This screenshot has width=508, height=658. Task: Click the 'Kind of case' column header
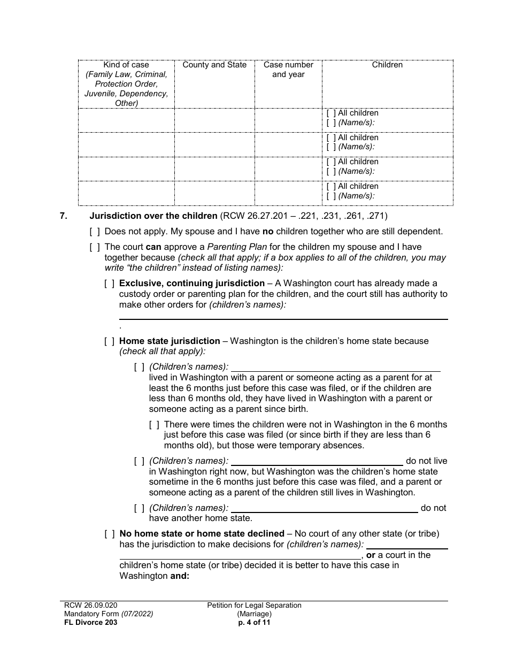click(x=126, y=65)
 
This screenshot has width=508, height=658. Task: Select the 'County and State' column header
click(x=214, y=65)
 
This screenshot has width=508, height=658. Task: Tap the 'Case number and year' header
click(x=288, y=70)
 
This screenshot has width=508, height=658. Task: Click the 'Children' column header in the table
click(x=387, y=65)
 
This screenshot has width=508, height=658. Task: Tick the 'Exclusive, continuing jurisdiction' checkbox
click(x=109, y=284)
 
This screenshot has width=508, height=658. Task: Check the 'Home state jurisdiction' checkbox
click(x=109, y=341)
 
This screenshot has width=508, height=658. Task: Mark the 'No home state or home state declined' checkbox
click(x=109, y=534)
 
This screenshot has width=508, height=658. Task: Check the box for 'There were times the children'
click(x=154, y=425)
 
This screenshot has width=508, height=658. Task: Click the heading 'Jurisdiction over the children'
click(x=153, y=216)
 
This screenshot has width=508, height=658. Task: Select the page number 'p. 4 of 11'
click(x=255, y=622)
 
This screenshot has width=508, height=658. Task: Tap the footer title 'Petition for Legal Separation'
click(x=255, y=605)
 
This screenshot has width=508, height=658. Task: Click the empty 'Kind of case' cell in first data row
click(x=126, y=120)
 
